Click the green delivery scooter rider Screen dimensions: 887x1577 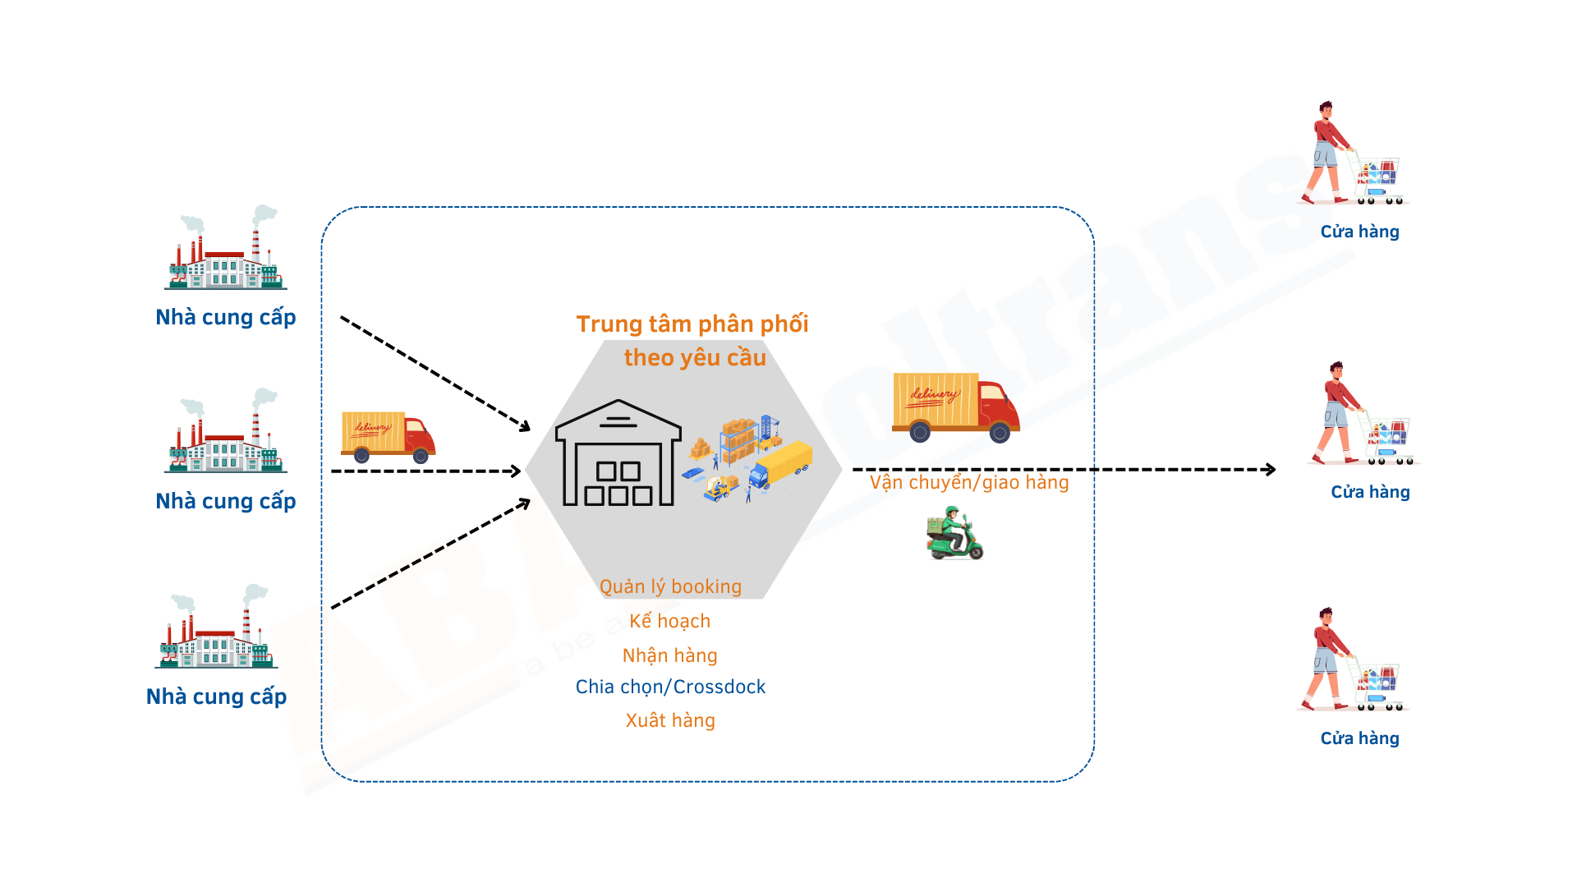(954, 535)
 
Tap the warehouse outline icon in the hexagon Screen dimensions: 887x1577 (618, 453)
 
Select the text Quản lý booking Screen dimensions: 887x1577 (670, 586)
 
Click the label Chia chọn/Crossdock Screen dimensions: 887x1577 (670, 687)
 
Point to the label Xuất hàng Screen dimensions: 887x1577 (670, 720)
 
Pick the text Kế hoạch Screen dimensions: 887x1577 (670, 621)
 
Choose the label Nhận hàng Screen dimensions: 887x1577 (670, 655)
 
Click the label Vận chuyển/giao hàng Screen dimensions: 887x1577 (969, 482)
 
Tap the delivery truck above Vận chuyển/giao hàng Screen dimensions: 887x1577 (955, 407)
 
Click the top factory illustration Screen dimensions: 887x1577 (226, 250)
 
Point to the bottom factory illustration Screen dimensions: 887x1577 (216, 628)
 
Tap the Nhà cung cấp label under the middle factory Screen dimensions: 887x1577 (226, 501)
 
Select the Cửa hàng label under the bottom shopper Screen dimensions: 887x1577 (1359, 738)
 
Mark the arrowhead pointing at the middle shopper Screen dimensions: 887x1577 (1271, 470)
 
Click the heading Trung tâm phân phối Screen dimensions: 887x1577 (692, 324)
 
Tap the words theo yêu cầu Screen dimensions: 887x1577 (695, 358)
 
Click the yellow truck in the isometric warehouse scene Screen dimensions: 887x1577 (781, 465)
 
